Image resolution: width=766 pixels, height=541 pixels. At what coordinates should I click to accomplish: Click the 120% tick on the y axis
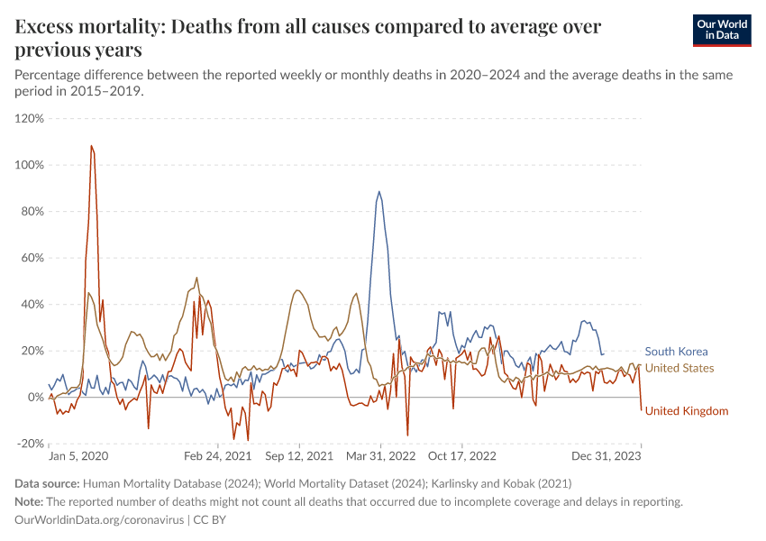pyautogui.click(x=30, y=118)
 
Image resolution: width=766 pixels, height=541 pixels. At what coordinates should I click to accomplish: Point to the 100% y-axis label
pyautogui.click(x=30, y=165)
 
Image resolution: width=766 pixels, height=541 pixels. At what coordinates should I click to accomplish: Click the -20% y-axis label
pyautogui.click(x=30, y=444)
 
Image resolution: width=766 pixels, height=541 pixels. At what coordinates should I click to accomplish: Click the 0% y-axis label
pyautogui.click(x=35, y=398)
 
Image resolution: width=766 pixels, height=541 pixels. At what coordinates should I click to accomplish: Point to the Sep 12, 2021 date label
pyautogui.click(x=298, y=457)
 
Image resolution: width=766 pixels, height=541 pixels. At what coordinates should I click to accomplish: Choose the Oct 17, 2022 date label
pyautogui.click(x=461, y=457)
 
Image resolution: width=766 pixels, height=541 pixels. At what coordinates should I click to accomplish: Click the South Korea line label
pyautogui.click(x=676, y=352)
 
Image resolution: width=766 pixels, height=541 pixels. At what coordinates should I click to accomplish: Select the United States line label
pyautogui.click(x=679, y=368)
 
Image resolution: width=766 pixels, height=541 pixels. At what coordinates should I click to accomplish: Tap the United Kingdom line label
pyautogui.click(x=686, y=411)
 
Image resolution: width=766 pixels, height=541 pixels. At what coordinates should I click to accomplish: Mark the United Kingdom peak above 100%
pyautogui.click(x=91, y=146)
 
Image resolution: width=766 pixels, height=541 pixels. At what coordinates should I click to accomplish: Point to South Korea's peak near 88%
pyautogui.click(x=379, y=192)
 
